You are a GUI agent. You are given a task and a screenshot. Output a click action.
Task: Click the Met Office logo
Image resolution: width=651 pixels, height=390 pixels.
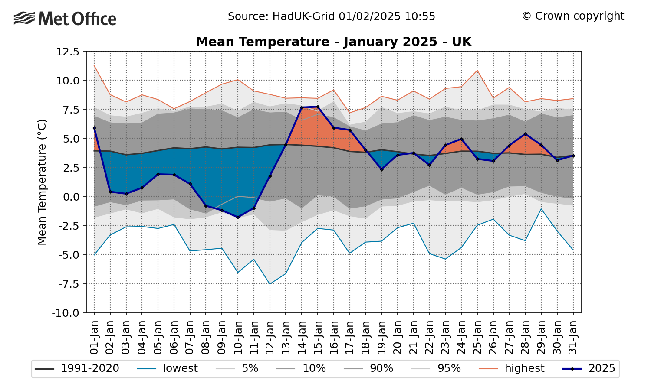pos(65,19)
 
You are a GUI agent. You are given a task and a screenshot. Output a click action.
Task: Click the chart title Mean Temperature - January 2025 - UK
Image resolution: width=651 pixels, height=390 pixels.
pos(333,42)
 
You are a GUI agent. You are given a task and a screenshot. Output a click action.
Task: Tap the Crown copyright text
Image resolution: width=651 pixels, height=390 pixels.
pos(572,16)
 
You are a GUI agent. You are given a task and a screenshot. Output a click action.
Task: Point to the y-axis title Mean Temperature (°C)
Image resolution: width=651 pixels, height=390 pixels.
pos(42,182)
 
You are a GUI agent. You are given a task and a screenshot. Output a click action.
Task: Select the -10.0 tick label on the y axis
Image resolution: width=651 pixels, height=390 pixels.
pos(66,312)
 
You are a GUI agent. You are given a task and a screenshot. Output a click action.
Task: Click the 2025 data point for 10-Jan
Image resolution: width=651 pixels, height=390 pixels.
pos(238,217)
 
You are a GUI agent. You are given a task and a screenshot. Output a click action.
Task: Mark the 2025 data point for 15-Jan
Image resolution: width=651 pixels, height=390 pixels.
pos(318,107)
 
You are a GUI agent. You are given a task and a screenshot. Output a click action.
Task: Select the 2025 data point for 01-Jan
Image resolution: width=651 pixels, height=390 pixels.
pos(94,128)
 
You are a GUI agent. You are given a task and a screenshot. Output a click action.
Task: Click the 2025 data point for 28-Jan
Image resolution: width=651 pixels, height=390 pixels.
pos(525,134)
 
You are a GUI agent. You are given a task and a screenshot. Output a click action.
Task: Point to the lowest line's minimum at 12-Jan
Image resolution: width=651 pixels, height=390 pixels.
pos(270,284)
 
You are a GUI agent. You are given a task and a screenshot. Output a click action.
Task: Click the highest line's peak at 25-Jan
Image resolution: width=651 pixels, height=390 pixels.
pos(477,70)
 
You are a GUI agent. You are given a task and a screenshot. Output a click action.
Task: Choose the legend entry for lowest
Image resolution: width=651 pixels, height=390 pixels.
pos(167,369)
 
